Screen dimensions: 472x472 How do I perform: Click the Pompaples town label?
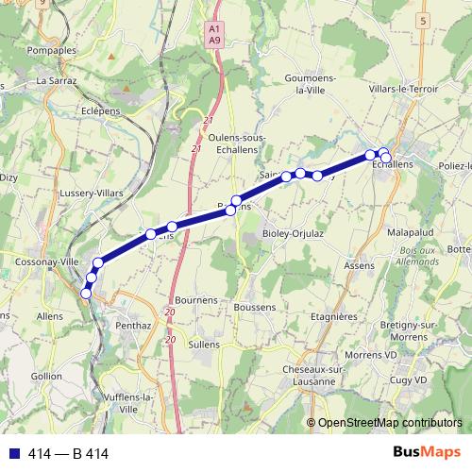[x=53, y=49]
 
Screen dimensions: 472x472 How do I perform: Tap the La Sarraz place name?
[x=56, y=81]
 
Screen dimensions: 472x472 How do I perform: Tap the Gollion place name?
[x=45, y=376]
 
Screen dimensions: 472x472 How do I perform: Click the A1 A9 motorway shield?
[x=213, y=35]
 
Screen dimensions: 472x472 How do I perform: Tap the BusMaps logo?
[x=421, y=452]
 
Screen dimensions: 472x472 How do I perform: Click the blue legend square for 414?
[x=12, y=454]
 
